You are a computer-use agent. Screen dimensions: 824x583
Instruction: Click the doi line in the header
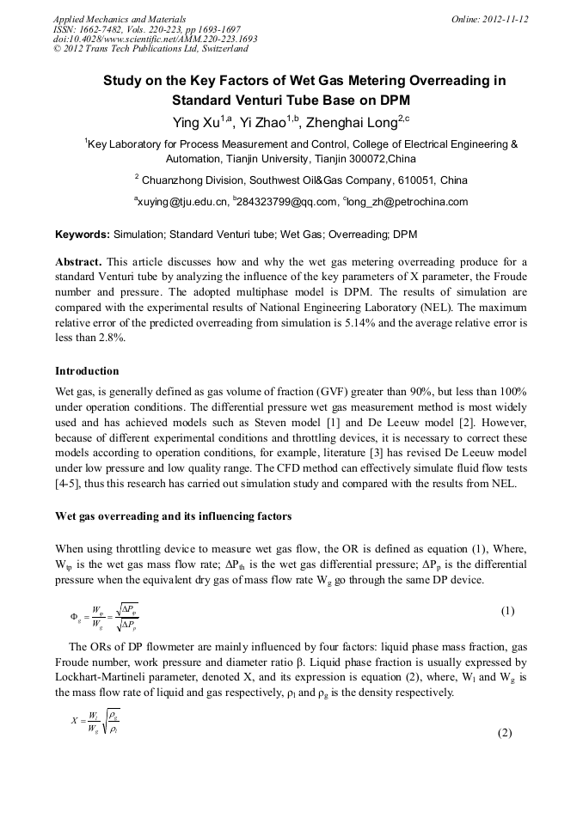[x=155, y=40]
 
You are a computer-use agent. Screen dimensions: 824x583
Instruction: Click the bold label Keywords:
[x=83, y=234]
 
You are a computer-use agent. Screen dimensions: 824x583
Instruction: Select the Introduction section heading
[x=87, y=371]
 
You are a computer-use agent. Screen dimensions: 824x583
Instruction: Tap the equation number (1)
[x=507, y=611]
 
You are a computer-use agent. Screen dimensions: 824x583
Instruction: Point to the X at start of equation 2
[x=75, y=721]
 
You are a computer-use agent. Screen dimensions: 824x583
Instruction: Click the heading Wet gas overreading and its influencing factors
[x=173, y=516]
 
